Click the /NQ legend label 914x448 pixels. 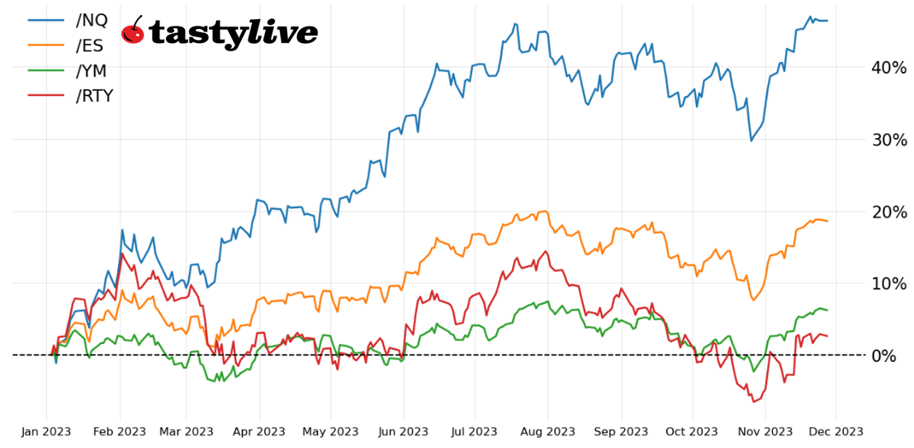click(x=91, y=20)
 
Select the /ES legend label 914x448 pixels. click(x=90, y=45)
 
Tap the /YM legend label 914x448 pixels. click(x=91, y=71)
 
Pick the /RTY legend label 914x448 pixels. click(x=94, y=96)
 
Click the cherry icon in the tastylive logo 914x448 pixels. click(x=132, y=31)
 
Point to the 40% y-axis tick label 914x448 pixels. click(x=888, y=68)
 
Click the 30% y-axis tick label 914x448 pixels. click(x=888, y=140)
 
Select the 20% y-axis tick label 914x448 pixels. click(x=888, y=212)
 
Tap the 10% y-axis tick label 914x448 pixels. click(x=888, y=284)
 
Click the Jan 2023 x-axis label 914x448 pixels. click(x=46, y=431)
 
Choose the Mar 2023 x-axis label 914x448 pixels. click(x=187, y=431)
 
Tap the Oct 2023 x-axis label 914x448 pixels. click(x=692, y=431)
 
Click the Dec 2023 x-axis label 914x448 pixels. click(x=836, y=431)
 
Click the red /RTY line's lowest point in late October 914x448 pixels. click(x=752, y=402)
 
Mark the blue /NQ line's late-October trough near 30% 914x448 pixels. click(x=751, y=141)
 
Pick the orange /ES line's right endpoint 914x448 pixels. click(x=827, y=221)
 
